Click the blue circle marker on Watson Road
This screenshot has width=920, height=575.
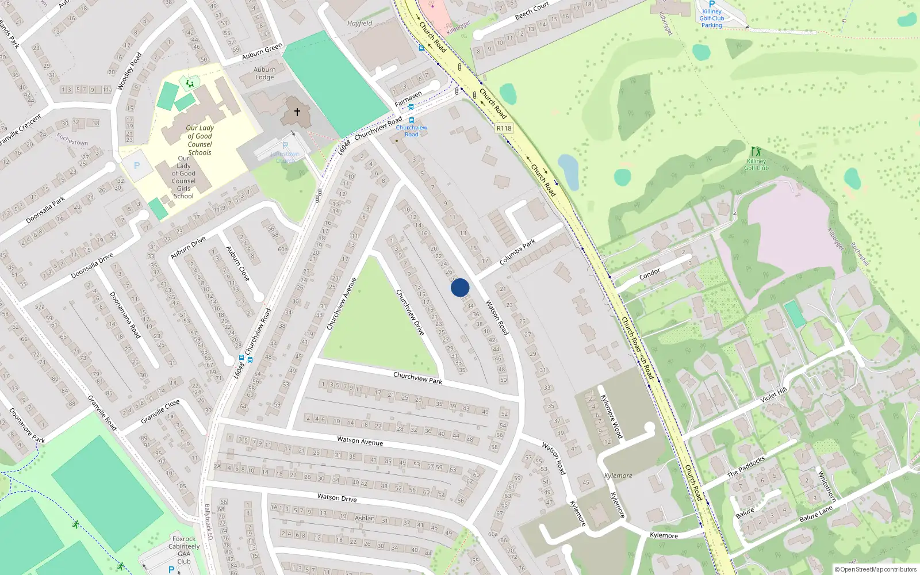point(460,287)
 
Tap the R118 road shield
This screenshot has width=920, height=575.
point(504,128)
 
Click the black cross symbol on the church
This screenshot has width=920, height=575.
point(297,112)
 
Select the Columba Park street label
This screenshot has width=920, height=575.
point(517,252)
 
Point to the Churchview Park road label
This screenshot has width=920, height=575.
point(417,378)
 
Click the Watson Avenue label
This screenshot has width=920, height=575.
point(360,441)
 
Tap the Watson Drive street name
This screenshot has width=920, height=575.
point(337,497)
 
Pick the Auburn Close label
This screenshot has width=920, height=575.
point(237,263)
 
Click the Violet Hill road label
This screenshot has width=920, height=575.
point(773,396)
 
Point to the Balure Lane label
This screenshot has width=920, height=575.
point(816,513)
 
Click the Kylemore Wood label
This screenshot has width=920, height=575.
point(611,416)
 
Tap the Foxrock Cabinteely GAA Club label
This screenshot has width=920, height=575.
point(184,550)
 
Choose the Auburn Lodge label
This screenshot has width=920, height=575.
point(264,73)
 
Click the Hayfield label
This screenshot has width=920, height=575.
point(359,24)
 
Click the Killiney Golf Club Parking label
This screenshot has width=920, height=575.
point(711,18)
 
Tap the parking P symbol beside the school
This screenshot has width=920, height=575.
point(137,166)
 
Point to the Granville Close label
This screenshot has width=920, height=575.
point(160,411)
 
